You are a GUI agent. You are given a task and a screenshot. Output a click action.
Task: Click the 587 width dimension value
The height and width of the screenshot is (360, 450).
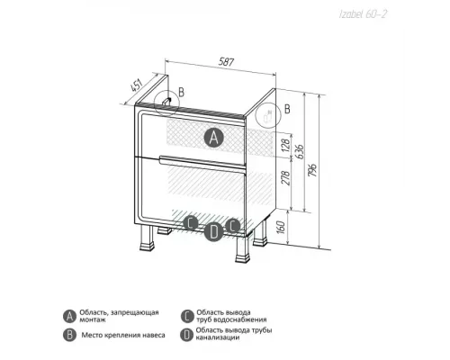point(226,62)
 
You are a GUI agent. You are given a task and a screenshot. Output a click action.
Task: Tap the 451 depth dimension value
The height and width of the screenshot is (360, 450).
point(136,85)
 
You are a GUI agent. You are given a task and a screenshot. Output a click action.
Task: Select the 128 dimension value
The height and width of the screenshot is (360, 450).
point(286,144)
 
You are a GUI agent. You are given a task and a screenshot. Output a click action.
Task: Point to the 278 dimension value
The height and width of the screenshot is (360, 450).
point(287,177)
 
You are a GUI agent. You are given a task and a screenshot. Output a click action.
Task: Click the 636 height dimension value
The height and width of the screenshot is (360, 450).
point(300,152)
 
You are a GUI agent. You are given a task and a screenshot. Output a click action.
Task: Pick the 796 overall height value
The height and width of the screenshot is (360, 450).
point(312,170)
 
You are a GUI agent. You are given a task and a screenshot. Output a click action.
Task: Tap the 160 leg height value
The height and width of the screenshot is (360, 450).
point(280,228)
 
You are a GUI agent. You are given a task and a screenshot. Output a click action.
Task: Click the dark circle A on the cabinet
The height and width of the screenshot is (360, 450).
point(214,138)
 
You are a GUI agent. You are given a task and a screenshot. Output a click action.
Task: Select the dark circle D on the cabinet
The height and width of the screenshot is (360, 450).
point(213,232)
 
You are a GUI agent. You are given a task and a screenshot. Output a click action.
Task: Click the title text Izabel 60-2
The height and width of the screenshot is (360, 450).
point(363,14)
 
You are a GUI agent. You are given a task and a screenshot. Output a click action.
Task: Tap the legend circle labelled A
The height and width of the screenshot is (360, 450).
point(69,316)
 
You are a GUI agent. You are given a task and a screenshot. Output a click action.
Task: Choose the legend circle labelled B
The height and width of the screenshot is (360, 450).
point(69,335)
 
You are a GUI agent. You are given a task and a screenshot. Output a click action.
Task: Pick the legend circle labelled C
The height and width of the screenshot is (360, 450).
point(187,316)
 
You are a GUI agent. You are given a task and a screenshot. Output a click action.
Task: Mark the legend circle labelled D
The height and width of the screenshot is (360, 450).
point(186,335)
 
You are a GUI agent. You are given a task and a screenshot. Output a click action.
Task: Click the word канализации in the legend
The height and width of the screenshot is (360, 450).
point(218,337)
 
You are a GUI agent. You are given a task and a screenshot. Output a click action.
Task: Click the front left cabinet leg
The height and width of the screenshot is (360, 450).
point(147,238)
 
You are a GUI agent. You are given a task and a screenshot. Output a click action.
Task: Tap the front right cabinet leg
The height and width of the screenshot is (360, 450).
point(243,248)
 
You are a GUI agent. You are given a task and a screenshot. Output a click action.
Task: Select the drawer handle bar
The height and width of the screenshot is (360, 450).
point(202,162)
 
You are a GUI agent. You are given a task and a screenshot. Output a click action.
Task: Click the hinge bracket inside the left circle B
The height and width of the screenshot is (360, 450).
point(166,102)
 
